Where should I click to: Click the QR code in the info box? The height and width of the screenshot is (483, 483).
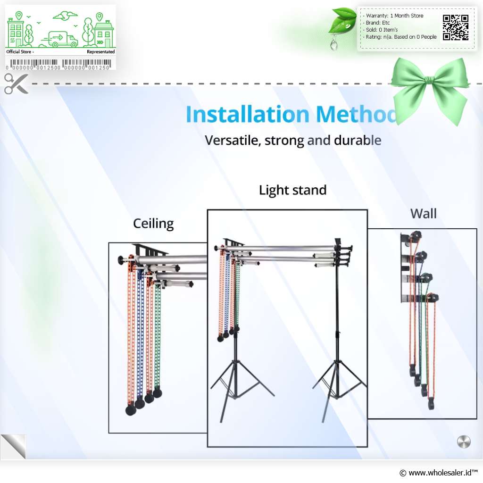tap(456, 27)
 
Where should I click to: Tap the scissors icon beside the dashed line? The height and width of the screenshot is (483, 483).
tap(17, 83)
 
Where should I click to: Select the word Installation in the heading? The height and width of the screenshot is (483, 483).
tap(248, 114)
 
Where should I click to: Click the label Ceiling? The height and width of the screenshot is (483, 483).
tap(153, 224)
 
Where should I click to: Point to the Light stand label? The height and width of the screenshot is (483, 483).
tap(292, 190)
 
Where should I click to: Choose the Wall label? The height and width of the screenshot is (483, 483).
tap(424, 214)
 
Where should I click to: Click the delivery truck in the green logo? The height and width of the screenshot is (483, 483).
tap(60, 40)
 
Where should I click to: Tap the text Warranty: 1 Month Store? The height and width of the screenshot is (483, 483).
tap(394, 16)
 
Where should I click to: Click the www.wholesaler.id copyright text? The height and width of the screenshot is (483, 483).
tap(438, 473)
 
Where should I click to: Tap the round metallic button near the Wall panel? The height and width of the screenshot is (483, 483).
tap(464, 441)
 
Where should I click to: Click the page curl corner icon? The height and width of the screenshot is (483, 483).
tap(13, 447)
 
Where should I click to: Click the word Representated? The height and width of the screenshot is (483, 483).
tap(101, 52)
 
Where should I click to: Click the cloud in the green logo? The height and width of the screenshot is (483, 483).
tap(65, 15)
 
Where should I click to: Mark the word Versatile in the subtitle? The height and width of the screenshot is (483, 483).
tap(233, 141)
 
